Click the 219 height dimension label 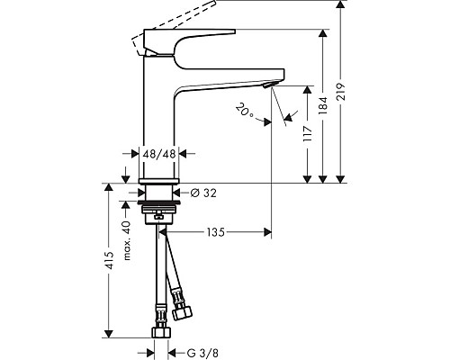point(342,92)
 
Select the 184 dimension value point(324,105)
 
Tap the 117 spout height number point(308,134)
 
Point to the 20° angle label point(245,111)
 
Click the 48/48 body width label point(159,154)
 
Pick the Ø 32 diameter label point(203,193)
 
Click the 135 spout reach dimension point(215,232)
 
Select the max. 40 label point(127,240)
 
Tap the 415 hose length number point(110,260)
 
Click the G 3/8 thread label point(202,353)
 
